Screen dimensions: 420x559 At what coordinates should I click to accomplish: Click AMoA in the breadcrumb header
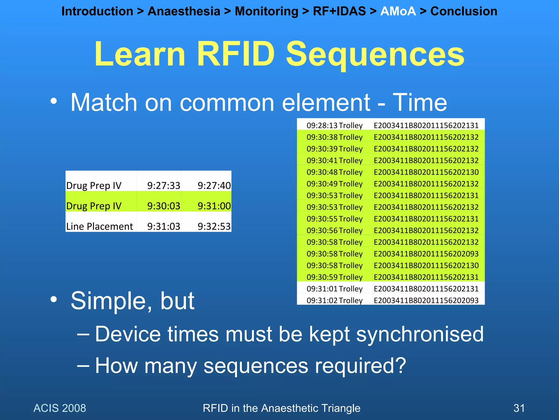click(x=398, y=11)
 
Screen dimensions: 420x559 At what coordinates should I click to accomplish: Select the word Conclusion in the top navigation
click(x=463, y=11)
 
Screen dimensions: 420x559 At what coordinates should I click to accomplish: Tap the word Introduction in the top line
click(x=97, y=11)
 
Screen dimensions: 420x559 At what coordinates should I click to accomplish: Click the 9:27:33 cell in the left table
click(x=163, y=186)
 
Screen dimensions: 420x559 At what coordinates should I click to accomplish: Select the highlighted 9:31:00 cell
click(x=214, y=206)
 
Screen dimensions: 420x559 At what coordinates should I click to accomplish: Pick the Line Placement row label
click(x=99, y=226)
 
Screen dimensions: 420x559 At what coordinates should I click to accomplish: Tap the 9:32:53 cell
click(x=214, y=226)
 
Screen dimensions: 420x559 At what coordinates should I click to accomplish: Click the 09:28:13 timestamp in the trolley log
click(x=322, y=126)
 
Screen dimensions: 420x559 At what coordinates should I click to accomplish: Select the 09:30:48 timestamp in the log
click(x=322, y=172)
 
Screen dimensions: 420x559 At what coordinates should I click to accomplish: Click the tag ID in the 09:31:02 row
click(x=426, y=301)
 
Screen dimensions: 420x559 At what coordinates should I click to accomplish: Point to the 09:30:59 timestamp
click(x=322, y=277)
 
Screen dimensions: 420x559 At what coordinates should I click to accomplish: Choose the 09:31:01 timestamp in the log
click(x=322, y=289)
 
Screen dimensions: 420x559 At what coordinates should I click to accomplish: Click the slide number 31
click(x=519, y=408)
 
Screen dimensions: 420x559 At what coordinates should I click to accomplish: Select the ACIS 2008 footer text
click(x=60, y=408)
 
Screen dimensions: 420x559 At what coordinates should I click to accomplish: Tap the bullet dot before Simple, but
click(x=54, y=299)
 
